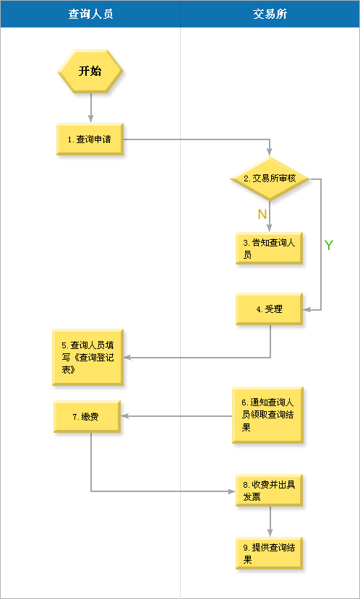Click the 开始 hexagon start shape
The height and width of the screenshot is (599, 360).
point(90,71)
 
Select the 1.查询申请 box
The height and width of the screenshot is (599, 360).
point(90,139)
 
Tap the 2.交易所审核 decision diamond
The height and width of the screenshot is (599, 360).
point(270,178)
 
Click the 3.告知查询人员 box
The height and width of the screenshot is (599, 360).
point(269,248)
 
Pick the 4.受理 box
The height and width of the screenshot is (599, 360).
point(269,309)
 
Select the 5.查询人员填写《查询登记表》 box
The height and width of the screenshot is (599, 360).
point(88,357)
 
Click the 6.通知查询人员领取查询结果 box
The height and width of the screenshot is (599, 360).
point(267,415)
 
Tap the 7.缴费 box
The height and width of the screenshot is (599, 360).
point(87,416)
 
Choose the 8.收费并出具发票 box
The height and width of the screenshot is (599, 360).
point(269,491)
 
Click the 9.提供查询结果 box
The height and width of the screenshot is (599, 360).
point(269,553)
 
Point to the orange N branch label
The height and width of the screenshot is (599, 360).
point(262,215)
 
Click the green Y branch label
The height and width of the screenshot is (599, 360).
point(329,245)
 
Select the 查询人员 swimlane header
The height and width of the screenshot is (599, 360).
point(90,14)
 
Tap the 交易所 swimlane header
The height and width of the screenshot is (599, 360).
point(270,14)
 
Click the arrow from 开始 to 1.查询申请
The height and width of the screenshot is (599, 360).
point(91,108)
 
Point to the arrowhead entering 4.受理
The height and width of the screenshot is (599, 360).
point(307,310)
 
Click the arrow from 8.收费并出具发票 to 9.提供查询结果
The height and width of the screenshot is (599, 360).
point(270,522)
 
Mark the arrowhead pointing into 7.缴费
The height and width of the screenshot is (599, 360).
point(125,416)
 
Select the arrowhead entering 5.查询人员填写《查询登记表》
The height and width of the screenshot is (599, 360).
point(128,358)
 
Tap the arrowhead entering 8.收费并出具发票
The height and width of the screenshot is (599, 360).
point(231,491)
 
